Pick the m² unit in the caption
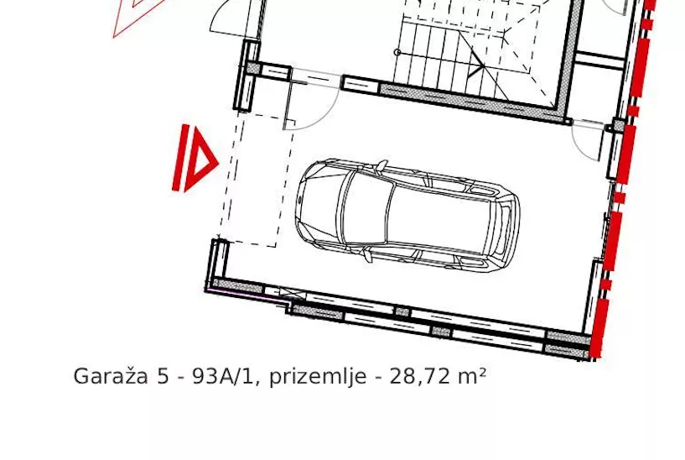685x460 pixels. tap(471, 377)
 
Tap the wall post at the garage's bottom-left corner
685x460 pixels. tap(219, 260)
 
